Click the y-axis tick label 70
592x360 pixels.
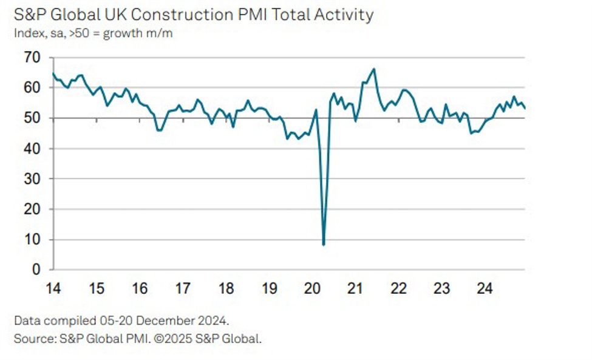(x=32, y=58)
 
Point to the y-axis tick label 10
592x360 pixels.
(x=32, y=239)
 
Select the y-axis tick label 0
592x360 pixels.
(x=36, y=270)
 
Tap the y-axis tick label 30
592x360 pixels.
(x=32, y=178)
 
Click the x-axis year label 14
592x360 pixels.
(x=53, y=289)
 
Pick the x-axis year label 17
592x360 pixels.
(x=183, y=289)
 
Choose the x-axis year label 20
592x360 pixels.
(x=312, y=289)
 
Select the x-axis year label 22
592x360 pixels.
(x=398, y=289)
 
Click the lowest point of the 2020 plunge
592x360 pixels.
(x=324, y=245)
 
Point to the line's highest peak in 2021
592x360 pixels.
(x=373, y=69)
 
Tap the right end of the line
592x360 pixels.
(x=525, y=109)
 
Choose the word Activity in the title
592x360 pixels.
(x=344, y=15)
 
